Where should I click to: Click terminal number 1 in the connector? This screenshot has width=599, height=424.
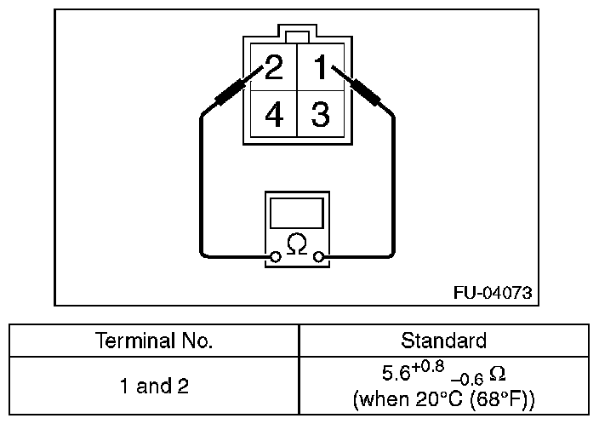pyautogui.click(x=320, y=67)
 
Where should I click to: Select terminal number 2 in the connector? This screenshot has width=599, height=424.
pyautogui.click(x=273, y=67)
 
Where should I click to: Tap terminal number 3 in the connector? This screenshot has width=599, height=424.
pyautogui.click(x=320, y=114)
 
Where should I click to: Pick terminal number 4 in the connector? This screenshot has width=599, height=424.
pyautogui.click(x=273, y=114)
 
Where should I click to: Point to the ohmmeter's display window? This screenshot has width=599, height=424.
pyautogui.click(x=296, y=212)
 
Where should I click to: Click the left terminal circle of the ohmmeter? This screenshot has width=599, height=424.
pyautogui.click(x=274, y=255)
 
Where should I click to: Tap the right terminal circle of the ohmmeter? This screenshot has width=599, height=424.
pyautogui.click(x=318, y=255)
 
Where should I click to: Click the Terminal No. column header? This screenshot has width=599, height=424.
pyautogui.click(x=154, y=341)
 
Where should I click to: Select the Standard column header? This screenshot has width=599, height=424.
pyautogui.click(x=443, y=341)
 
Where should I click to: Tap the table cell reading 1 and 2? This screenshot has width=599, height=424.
pyautogui.click(x=154, y=386)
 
